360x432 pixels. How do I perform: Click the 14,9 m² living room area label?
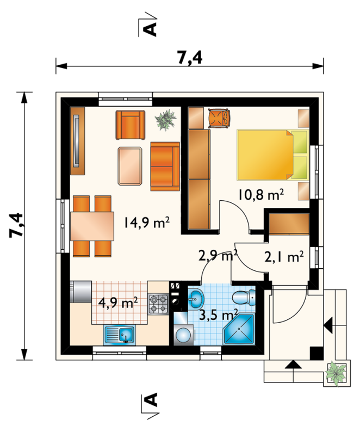146,222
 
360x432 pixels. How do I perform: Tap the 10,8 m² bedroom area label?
260,195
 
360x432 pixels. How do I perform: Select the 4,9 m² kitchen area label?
118,303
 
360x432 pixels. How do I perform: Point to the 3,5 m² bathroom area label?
219,315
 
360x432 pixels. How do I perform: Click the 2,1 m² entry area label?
284,257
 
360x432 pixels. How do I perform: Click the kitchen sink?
119,335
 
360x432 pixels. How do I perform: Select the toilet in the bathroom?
244,297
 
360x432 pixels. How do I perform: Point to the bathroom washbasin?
196,298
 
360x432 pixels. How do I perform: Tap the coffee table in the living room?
130,165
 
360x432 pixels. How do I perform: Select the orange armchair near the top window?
131,125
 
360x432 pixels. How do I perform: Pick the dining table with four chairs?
92,226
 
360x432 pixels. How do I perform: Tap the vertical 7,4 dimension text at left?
16,225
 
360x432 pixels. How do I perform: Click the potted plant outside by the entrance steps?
336,374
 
